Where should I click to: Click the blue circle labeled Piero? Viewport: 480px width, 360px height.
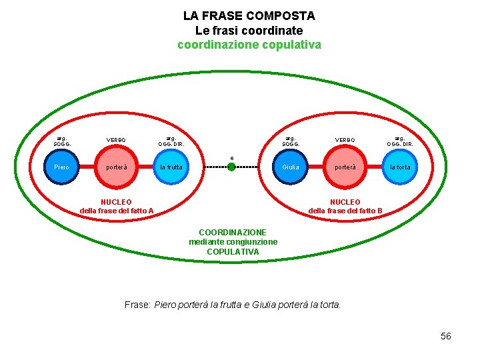pyautogui.click(x=61, y=167)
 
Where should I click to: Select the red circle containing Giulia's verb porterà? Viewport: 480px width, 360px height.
pyautogui.click(x=345, y=167)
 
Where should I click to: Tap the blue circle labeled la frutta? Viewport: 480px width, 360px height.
pyautogui.click(x=171, y=167)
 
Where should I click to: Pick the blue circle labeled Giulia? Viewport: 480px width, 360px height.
pyautogui.click(x=291, y=167)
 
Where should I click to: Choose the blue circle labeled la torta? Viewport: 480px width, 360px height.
pyautogui.click(x=399, y=167)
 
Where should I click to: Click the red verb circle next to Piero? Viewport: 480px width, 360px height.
pyautogui.click(x=116, y=167)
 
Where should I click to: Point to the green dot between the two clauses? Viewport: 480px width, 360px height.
pyautogui.click(x=231, y=167)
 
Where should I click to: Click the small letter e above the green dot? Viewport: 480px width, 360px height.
pyautogui.click(x=232, y=158)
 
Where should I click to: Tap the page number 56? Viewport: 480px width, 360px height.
pyautogui.click(x=446, y=336)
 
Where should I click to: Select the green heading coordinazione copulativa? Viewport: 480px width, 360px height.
pyautogui.click(x=249, y=45)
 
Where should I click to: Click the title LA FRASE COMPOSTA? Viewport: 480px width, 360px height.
pyautogui.click(x=249, y=15)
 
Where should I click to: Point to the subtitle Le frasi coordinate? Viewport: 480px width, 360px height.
pyautogui.click(x=249, y=31)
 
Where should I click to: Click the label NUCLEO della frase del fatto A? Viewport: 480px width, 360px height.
pyautogui.click(x=116, y=207)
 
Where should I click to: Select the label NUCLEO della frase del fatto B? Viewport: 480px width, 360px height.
pyautogui.click(x=345, y=207)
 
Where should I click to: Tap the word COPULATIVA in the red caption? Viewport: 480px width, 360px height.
pyautogui.click(x=233, y=252)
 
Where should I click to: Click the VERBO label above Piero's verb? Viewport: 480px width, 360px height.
pyautogui.click(x=116, y=140)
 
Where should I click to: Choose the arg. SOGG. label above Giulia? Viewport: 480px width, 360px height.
pyautogui.click(x=291, y=140)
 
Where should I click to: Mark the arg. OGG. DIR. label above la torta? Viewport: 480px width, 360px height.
pyautogui.click(x=400, y=140)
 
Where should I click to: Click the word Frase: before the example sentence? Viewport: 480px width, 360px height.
pyautogui.click(x=137, y=305)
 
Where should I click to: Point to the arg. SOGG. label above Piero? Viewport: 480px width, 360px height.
pyautogui.click(x=62, y=140)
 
